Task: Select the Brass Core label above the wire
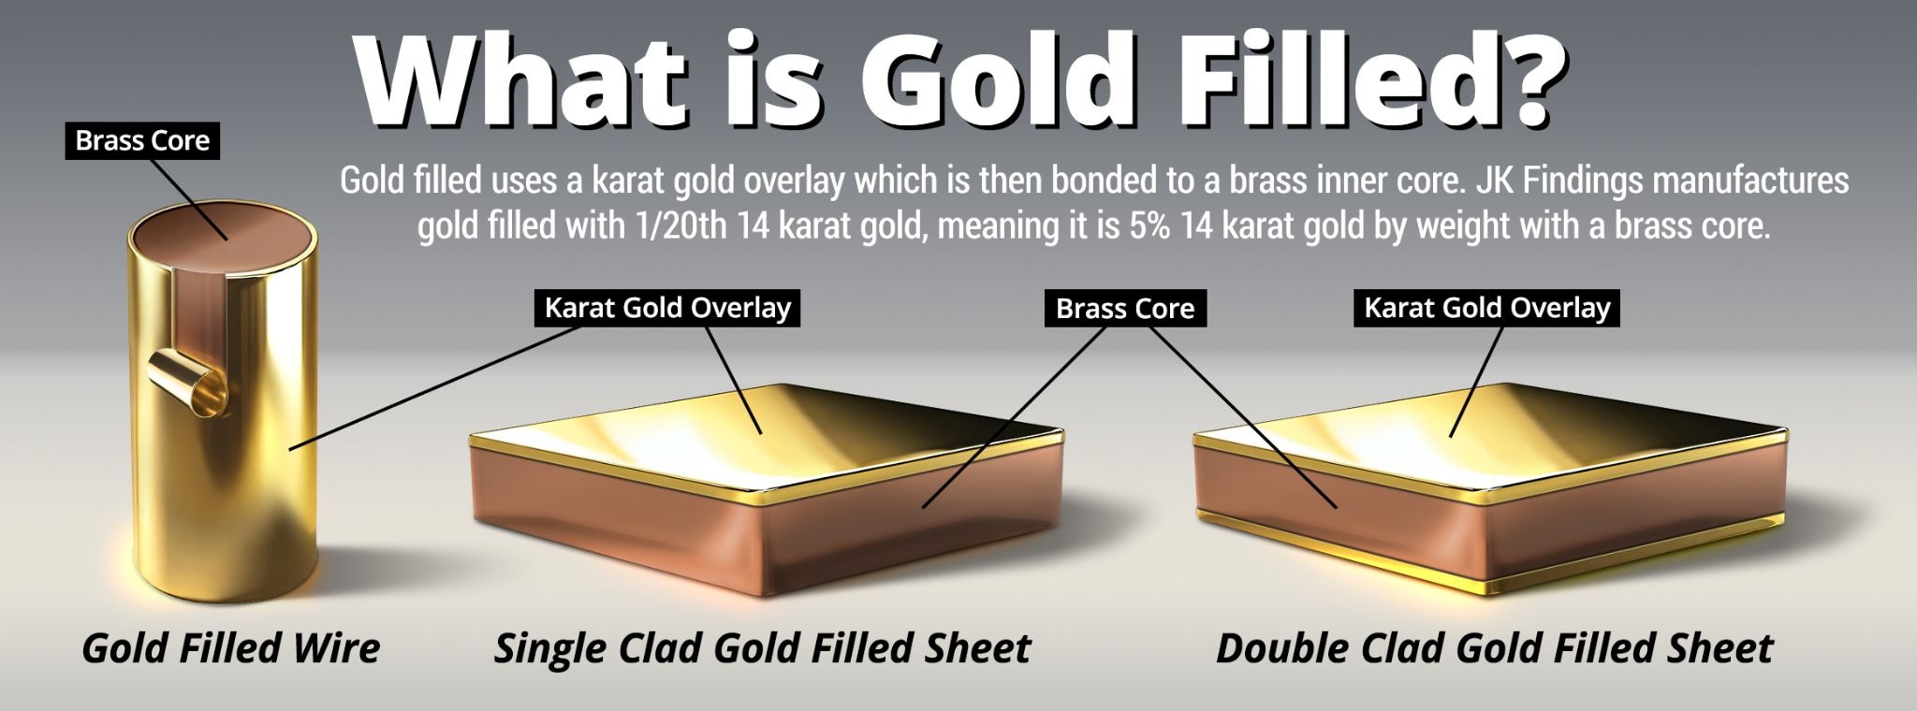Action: click(142, 140)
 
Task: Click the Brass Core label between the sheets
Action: click(1125, 309)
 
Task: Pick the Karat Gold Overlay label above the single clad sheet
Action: click(667, 308)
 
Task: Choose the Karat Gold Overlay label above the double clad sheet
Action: click(1486, 308)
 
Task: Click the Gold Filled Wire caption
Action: click(231, 647)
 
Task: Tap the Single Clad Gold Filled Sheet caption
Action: click(762, 647)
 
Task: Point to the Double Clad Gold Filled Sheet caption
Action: click(1494, 647)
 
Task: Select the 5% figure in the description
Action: click(1151, 226)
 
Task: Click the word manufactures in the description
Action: click(1750, 180)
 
